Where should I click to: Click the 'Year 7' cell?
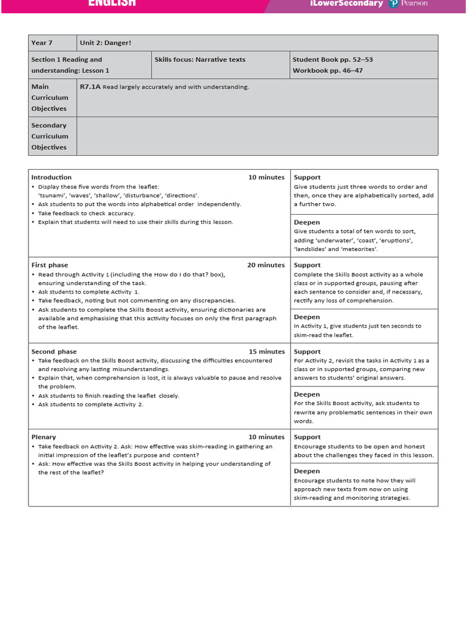(x=42, y=43)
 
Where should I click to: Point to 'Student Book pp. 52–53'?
(x=333, y=59)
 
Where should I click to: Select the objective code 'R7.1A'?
(x=90, y=87)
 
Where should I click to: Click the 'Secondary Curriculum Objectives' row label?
(x=49, y=136)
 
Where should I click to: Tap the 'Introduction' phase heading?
(x=52, y=177)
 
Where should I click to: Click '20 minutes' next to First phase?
(x=266, y=265)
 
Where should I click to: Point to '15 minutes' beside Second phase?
(x=266, y=352)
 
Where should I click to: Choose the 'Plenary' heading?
(x=44, y=437)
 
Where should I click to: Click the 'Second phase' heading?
(x=54, y=352)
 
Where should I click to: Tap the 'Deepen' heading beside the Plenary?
(x=307, y=471)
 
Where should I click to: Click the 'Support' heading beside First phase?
(x=308, y=265)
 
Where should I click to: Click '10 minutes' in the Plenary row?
(x=266, y=437)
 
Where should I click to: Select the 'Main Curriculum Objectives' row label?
(x=49, y=98)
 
